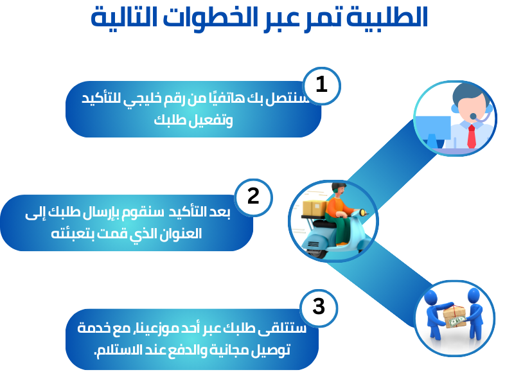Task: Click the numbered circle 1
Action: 321,86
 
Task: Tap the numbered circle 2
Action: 253,197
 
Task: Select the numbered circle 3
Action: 319,308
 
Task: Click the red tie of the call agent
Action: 472,136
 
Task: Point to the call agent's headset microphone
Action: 473,116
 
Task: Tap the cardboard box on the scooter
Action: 314,208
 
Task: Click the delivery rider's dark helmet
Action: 338,187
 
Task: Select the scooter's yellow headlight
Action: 362,213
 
